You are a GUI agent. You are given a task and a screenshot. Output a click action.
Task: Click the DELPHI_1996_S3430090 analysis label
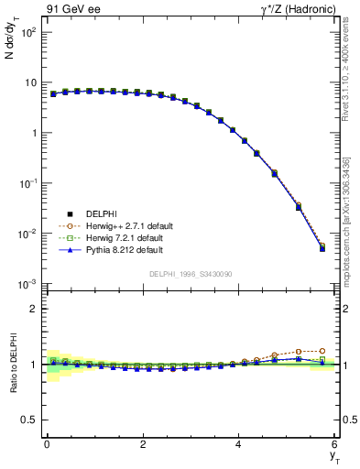pyautogui.click(x=189, y=274)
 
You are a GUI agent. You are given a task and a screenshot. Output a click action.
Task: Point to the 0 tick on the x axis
pyautogui.click(x=47, y=444)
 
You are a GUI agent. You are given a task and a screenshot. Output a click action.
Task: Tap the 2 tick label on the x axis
pyautogui.click(x=143, y=444)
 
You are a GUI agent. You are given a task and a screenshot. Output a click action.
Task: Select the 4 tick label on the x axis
pyautogui.click(x=239, y=444)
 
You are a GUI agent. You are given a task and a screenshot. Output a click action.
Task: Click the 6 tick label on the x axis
pyautogui.click(x=335, y=444)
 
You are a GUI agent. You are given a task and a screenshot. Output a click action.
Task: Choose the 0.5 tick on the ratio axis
pyautogui.click(x=29, y=420)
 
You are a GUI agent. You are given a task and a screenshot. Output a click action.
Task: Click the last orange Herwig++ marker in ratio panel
pyautogui.click(x=322, y=351)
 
